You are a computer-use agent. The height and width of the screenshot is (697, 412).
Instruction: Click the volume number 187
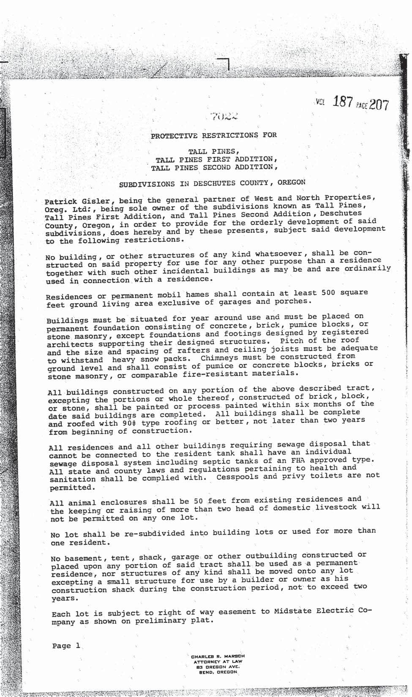click(342, 102)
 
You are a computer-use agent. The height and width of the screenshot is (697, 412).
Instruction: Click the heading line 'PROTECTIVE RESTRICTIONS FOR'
click(214, 135)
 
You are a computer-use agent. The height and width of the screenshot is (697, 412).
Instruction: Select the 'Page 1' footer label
click(66, 646)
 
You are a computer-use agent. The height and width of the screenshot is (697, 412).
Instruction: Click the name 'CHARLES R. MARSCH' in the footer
click(218, 656)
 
